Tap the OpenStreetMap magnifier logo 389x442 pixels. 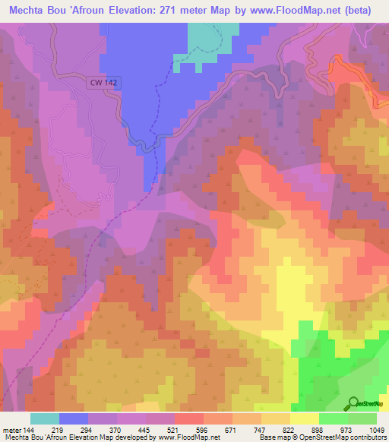pyautogui.click(x=354, y=403)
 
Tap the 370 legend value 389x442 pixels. pyautogui.click(x=115, y=431)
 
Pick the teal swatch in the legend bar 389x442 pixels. pyautogui.click(x=45, y=418)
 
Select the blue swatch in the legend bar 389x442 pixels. pyautogui.click(x=74, y=418)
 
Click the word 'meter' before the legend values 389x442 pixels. pyautogui.click(x=12, y=431)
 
